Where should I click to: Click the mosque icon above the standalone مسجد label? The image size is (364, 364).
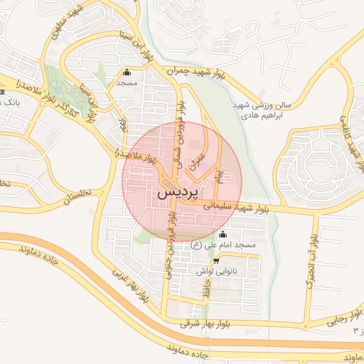127,72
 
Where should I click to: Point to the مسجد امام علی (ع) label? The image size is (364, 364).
223,245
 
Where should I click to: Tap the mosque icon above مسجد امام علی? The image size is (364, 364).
223,235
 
